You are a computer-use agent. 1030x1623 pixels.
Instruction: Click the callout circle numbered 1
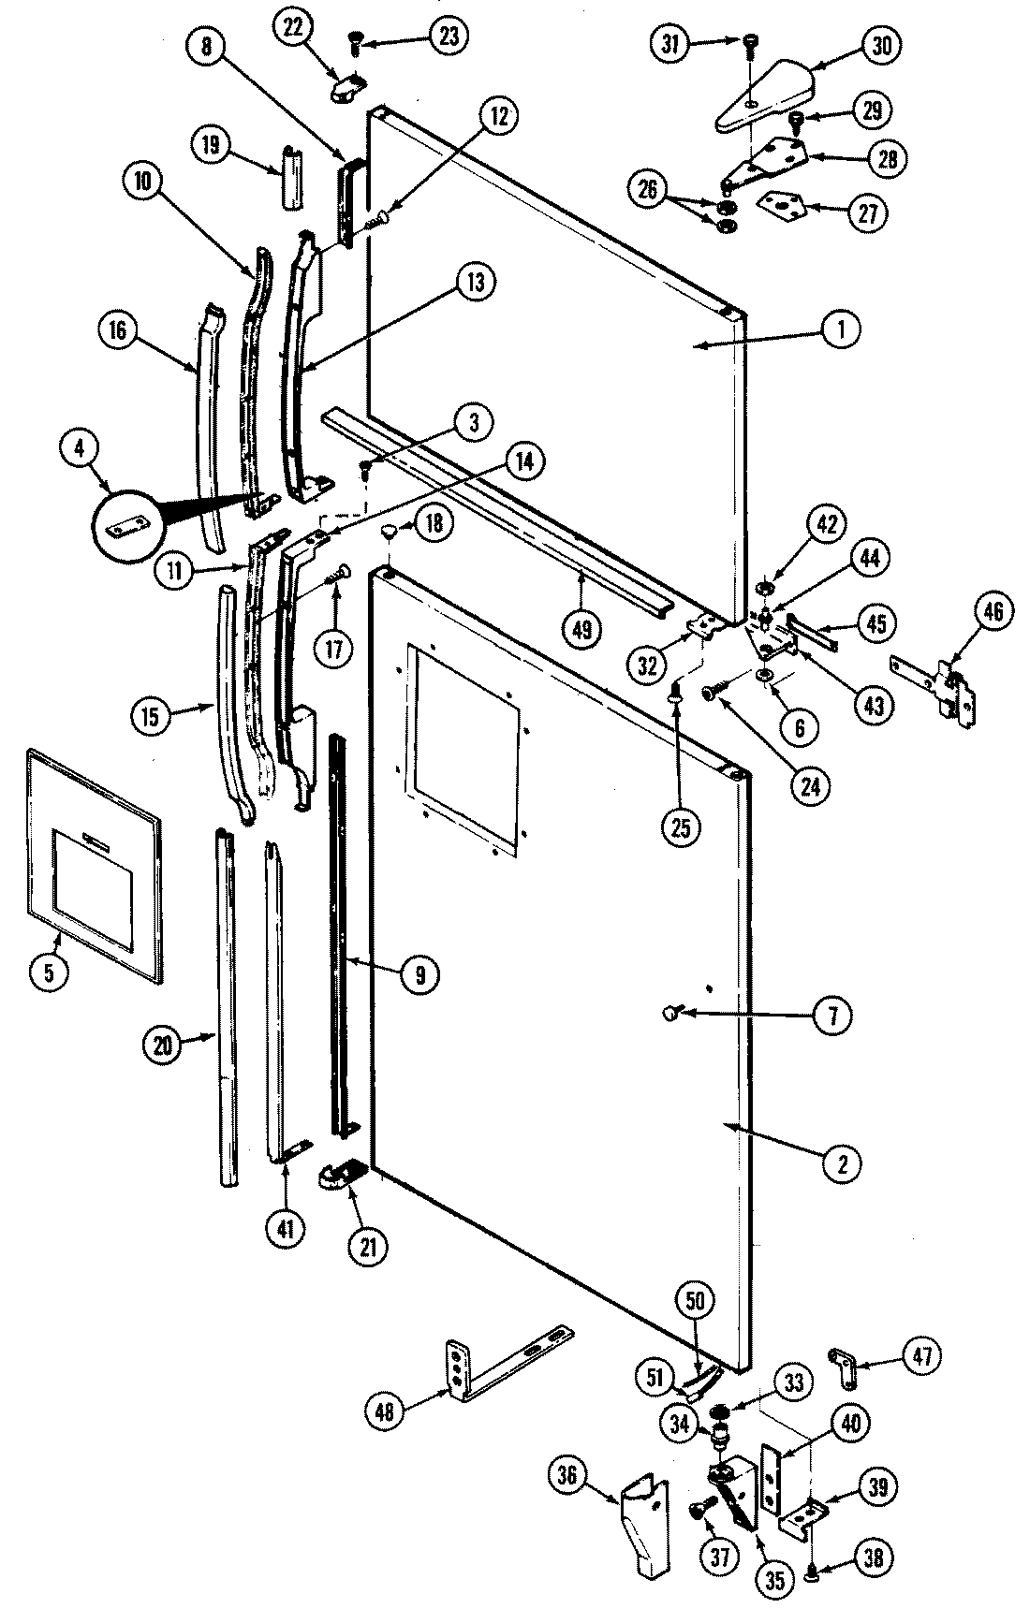(x=841, y=329)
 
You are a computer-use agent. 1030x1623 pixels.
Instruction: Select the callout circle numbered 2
(x=842, y=1163)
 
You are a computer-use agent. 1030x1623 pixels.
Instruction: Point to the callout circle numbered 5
(x=49, y=972)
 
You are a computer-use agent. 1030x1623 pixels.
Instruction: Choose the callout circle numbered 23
(x=450, y=38)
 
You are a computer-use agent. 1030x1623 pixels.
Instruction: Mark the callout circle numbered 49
(x=581, y=630)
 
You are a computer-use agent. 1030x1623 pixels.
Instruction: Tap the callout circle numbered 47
(x=922, y=1355)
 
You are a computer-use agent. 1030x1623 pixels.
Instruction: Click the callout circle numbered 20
(x=163, y=1045)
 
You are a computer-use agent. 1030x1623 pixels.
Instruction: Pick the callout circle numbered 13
(x=475, y=283)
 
